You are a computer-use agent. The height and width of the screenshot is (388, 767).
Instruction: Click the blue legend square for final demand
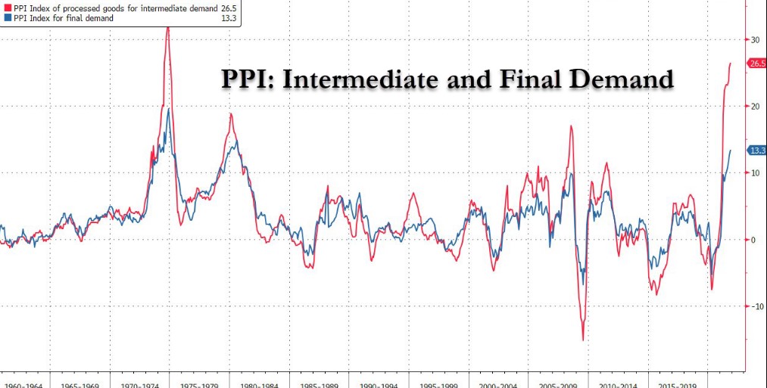coord(8,18)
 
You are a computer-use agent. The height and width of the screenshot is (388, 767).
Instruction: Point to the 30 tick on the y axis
coord(755,39)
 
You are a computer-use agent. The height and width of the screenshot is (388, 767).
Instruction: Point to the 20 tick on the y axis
coord(755,106)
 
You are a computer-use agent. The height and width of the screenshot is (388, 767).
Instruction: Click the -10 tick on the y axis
coord(756,306)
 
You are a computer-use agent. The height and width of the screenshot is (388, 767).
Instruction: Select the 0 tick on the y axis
coord(753,240)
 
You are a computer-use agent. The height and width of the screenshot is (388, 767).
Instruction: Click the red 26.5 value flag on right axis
coord(757,64)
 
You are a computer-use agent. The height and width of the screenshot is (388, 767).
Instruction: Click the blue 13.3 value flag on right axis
coord(757,151)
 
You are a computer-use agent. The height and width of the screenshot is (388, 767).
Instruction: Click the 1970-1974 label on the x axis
coord(139,384)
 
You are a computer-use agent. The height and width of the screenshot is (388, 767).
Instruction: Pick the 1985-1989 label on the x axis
coord(319,384)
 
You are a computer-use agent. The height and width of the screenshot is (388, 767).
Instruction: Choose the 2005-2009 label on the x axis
coord(559,384)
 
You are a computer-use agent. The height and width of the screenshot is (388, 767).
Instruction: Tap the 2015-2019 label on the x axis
coord(678,384)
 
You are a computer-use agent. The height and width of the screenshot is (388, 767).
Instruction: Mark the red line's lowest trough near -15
coord(583,340)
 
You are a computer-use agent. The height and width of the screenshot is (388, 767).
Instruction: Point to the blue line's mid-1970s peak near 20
coord(169,109)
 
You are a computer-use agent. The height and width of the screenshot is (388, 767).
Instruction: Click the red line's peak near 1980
coord(231,114)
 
